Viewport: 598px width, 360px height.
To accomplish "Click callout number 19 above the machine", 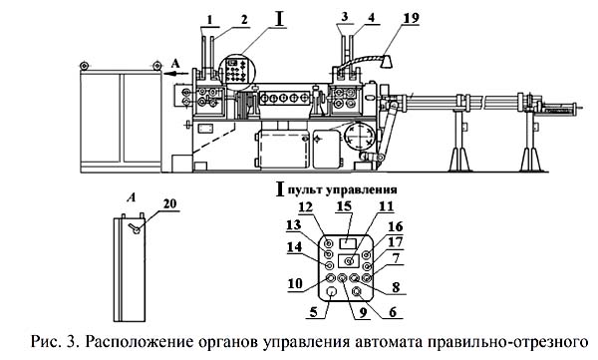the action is point(411,18).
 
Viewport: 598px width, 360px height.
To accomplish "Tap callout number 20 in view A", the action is point(170,203).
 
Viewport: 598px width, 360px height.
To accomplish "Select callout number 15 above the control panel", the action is point(344,206).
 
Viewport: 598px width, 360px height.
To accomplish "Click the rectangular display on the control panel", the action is point(348,242).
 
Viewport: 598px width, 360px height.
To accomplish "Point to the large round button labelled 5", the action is point(332,292).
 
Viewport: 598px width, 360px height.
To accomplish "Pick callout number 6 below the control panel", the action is point(393,311).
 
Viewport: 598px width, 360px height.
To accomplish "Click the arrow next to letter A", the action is point(176,73).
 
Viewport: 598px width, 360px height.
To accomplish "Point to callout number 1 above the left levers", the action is point(210,20).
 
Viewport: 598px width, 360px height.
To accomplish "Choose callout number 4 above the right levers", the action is point(371,18).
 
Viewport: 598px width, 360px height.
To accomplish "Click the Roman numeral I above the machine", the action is point(279,20).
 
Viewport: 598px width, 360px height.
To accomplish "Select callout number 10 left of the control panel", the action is point(294,283).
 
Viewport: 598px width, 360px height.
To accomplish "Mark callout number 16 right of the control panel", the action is point(395,226).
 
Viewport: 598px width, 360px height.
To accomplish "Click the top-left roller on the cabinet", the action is point(84,66).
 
